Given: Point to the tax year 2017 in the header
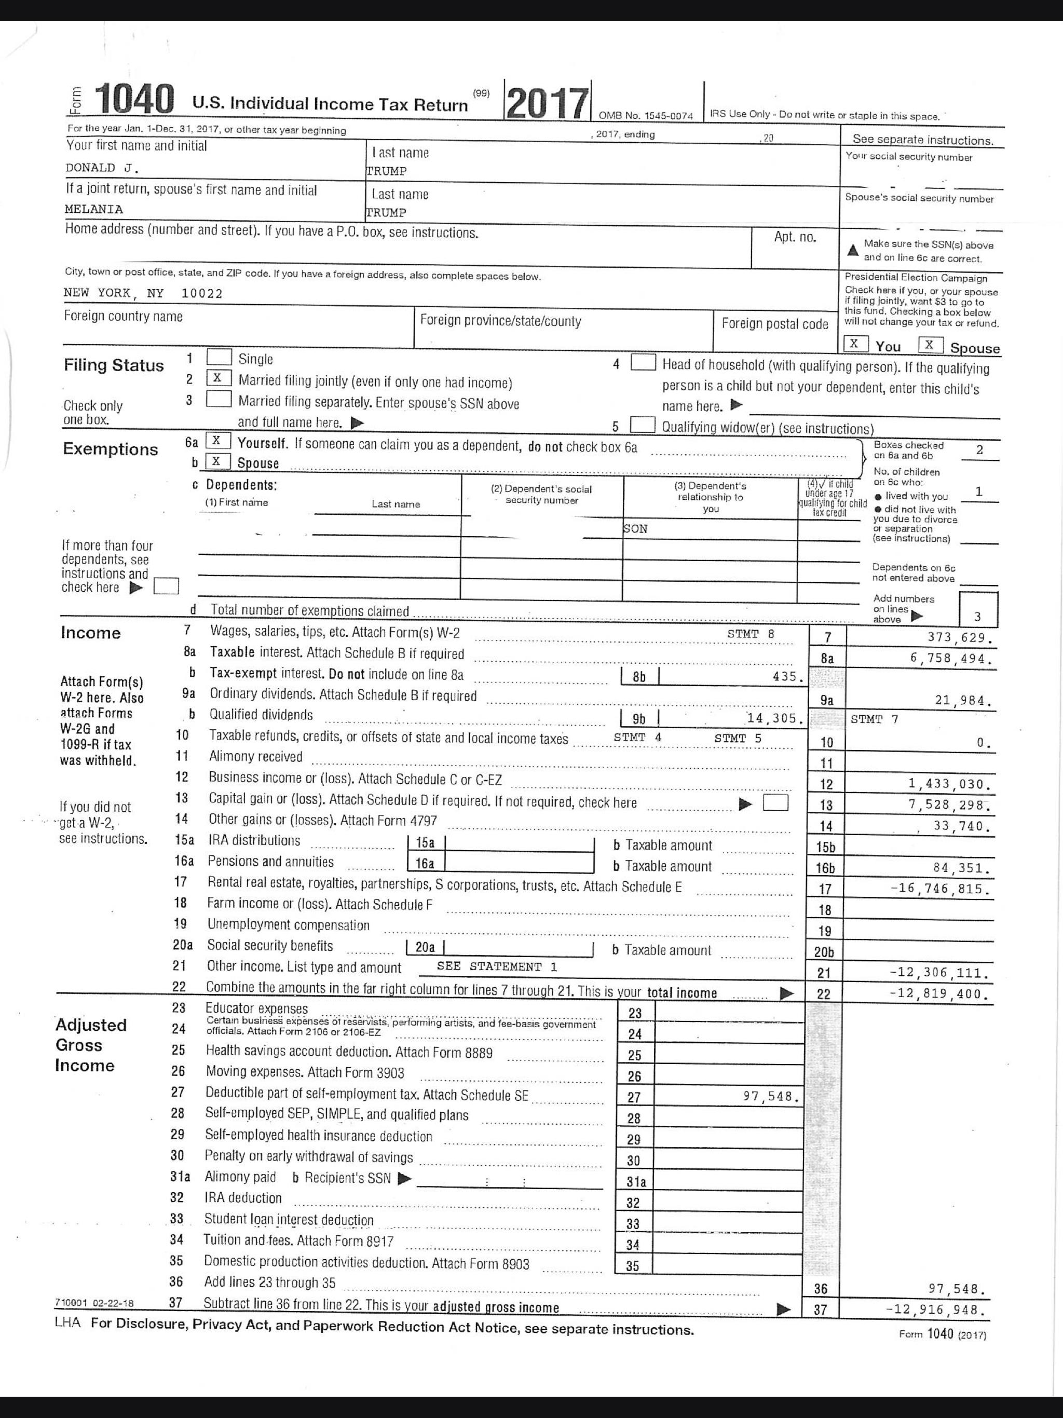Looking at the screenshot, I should coord(547,103).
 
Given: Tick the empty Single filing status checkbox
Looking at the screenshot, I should coord(219,357).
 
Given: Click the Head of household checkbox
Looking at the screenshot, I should coord(643,363).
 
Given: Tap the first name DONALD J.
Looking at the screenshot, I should coord(102,168).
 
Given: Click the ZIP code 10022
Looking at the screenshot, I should coord(202,294).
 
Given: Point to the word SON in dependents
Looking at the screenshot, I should coord(635,529).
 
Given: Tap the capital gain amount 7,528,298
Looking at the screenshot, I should coord(949,805).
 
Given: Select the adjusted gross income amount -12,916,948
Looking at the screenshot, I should coord(937,1310).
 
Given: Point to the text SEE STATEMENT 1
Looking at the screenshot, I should coord(497,966).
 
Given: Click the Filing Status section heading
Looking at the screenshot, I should coord(114,365).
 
